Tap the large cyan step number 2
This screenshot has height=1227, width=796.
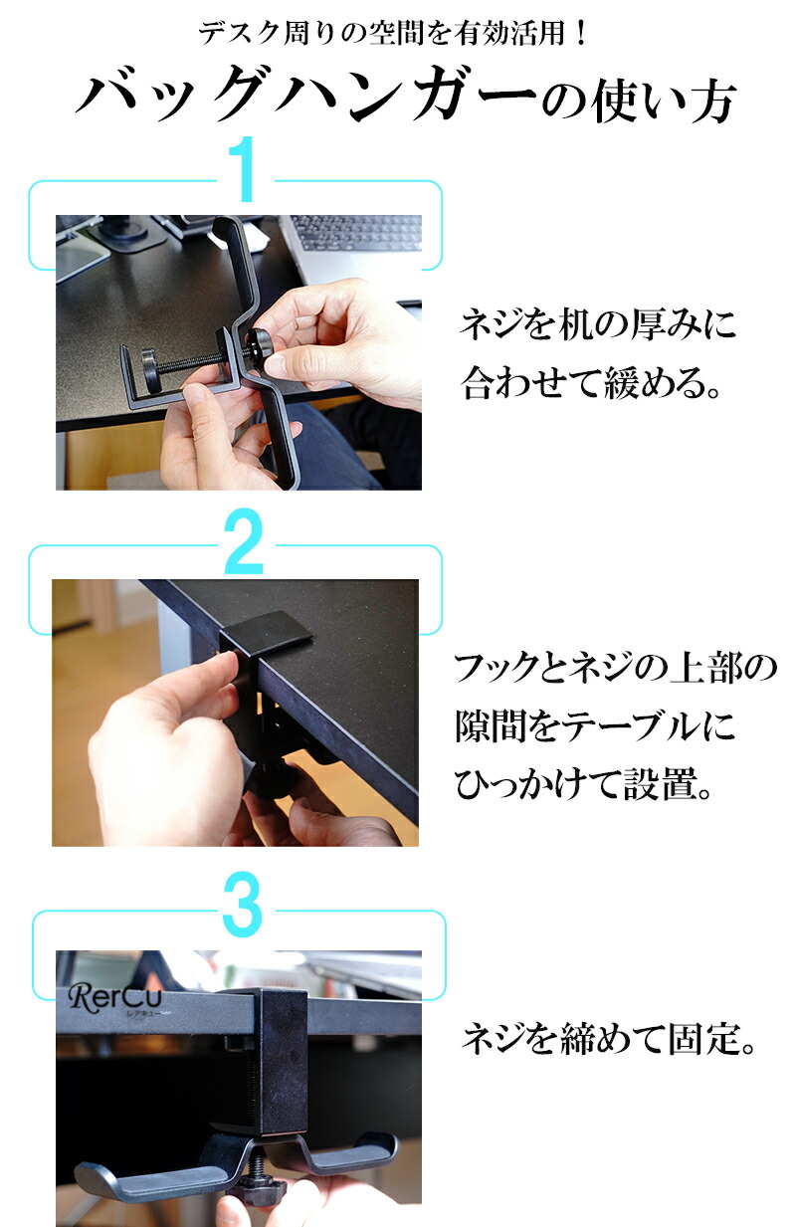click(244, 540)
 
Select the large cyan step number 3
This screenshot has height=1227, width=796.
click(243, 905)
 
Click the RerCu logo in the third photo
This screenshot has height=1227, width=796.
click(115, 997)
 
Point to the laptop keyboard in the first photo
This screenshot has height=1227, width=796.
click(356, 233)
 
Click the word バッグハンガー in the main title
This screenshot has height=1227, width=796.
click(304, 95)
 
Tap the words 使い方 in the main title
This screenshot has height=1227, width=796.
click(664, 101)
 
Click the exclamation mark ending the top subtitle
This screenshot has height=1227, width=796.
click(581, 34)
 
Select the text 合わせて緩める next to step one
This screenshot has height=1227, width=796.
click(584, 382)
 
